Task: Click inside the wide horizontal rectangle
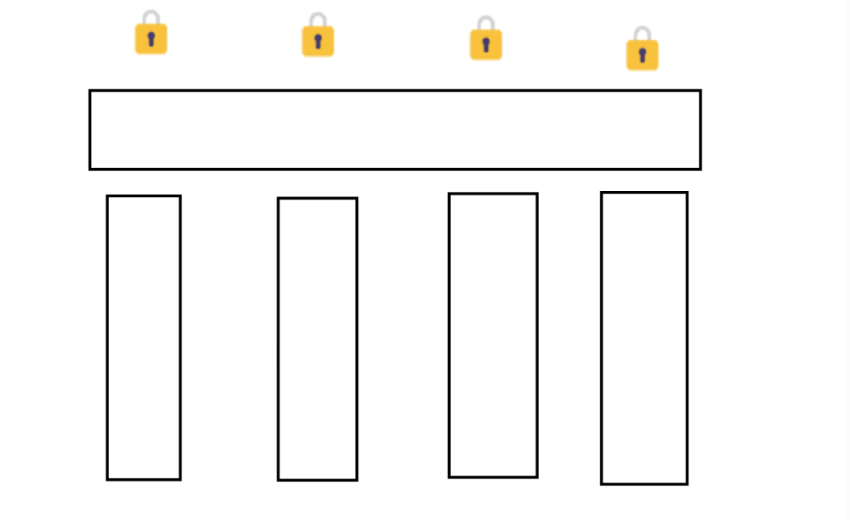pos(395,129)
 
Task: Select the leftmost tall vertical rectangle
pos(143,337)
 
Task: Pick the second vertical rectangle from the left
pos(317,339)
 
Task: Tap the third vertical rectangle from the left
pos(492,335)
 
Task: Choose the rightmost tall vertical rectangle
pos(643,338)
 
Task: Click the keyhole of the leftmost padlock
pos(151,39)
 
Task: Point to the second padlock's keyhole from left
pos(317,41)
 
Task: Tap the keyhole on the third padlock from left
pos(485,44)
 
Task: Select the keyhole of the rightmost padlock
pos(642,55)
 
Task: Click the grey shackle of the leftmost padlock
pos(151,15)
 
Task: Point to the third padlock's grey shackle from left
pos(485,21)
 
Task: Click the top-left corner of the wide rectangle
pos(90,91)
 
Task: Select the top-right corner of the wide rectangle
pos(700,91)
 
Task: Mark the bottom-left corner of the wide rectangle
pos(90,168)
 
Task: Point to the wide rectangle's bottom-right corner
pos(700,168)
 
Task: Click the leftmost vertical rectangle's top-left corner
pos(108,196)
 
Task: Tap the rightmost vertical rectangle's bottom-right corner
pos(686,483)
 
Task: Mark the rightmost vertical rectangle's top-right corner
pos(686,193)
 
